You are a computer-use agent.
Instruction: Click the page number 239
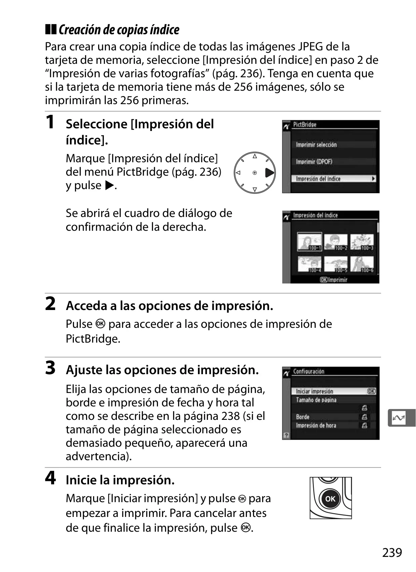pyautogui.click(x=392, y=553)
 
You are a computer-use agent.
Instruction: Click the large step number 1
pyautogui.click(x=50, y=122)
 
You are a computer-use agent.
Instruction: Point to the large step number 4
pyautogui.click(x=50, y=478)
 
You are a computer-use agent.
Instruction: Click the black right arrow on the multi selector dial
pyautogui.click(x=269, y=173)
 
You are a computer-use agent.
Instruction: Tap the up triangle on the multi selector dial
pyautogui.click(x=255, y=156)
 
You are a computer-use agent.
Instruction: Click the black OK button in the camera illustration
pyautogui.click(x=330, y=499)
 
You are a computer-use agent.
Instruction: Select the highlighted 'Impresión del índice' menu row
pyautogui.click(x=334, y=179)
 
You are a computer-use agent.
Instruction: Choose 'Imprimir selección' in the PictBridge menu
pyautogui.click(x=316, y=145)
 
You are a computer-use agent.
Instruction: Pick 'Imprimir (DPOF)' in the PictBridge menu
pyautogui.click(x=314, y=162)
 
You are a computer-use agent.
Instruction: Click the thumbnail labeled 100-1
pyautogui.click(x=309, y=241)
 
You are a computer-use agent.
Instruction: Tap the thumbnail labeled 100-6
pyautogui.click(x=362, y=264)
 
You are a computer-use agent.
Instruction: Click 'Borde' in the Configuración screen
pyautogui.click(x=302, y=417)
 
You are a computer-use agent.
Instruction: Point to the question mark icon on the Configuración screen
pyautogui.click(x=286, y=435)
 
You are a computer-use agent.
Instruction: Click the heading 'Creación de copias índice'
pyautogui.click(x=119, y=30)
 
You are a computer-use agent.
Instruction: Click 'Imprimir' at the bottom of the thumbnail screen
pyautogui.click(x=338, y=280)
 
